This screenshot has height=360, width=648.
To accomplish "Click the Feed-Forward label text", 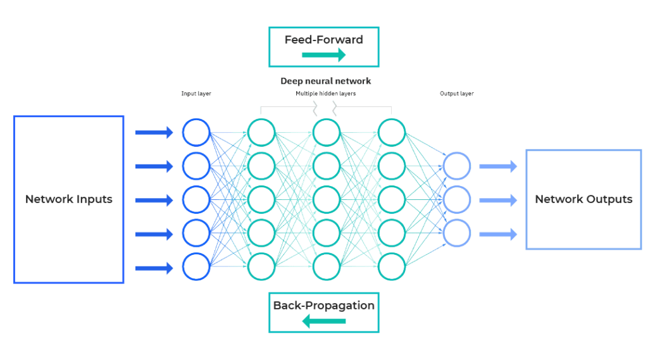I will coord(323,40).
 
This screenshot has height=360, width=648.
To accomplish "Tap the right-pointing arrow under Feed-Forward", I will coord(323,56).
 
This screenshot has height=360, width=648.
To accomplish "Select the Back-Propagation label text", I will coord(323,306).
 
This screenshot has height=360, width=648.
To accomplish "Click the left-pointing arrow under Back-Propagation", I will coord(323,321).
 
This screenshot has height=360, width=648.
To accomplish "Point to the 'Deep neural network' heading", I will coord(325,82).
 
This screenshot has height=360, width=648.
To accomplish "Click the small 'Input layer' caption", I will coord(196,94).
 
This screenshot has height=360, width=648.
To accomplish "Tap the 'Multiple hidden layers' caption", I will coord(325,94).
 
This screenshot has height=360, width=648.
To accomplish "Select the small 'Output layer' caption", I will coord(457,94).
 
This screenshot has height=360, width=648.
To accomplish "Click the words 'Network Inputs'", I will coord(68,199).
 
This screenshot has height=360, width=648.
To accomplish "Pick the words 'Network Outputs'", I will coord(583,199).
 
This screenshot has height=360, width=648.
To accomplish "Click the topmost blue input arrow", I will coord(154,132).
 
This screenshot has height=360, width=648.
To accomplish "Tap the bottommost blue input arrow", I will coord(154,268).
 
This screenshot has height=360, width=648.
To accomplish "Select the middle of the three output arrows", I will coord(498,201).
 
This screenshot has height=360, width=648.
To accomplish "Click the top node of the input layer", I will coord(196,132).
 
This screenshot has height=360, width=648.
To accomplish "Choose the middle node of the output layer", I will coord(457,200).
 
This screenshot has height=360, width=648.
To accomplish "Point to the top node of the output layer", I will coord(457,166).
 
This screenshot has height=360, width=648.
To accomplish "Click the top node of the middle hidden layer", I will coord(326,132).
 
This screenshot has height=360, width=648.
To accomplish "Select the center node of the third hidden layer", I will coord(391,199).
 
